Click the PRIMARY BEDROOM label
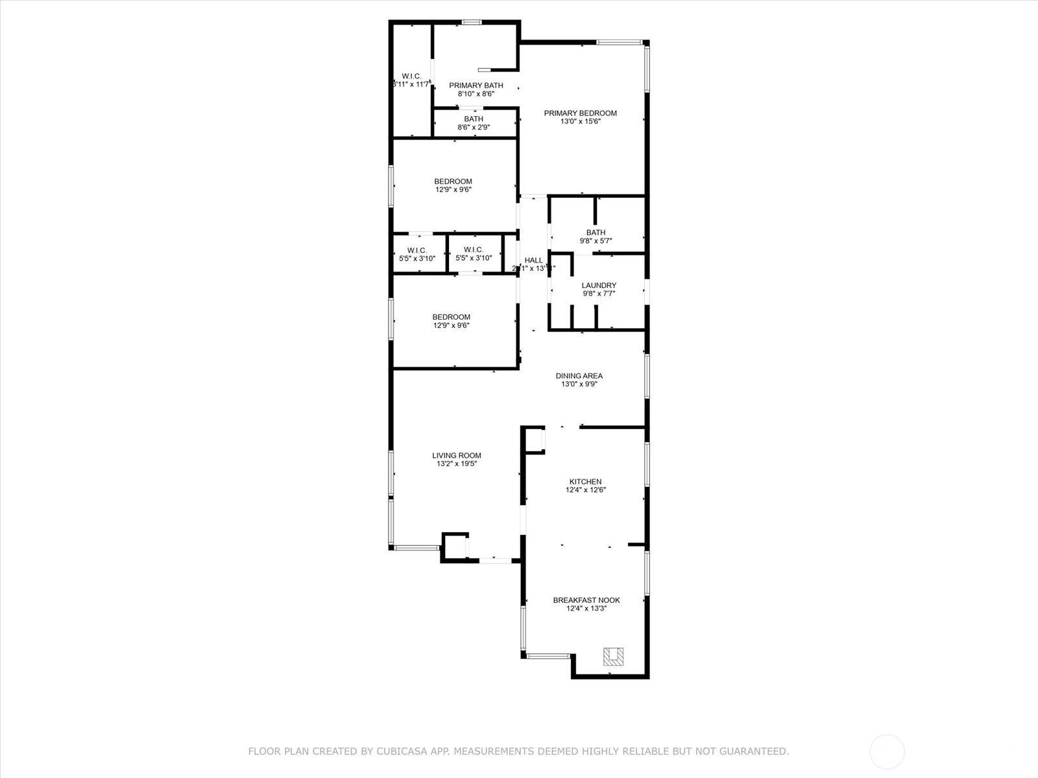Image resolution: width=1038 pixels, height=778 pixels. pyautogui.click(x=580, y=113)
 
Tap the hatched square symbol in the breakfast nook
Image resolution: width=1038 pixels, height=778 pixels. pyautogui.click(x=613, y=657)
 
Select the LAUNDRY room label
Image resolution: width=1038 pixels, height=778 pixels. pyautogui.click(x=599, y=285)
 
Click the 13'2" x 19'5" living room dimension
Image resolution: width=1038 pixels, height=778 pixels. pyautogui.click(x=457, y=464)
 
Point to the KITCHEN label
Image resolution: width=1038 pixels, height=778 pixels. pyautogui.click(x=585, y=482)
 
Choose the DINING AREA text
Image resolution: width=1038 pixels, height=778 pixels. pyautogui.click(x=579, y=375)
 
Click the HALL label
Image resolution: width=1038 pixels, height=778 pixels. pyautogui.click(x=533, y=260)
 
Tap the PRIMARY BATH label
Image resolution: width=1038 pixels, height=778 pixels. pyautogui.click(x=476, y=85)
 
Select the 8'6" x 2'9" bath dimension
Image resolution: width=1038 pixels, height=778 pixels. pyautogui.click(x=474, y=127)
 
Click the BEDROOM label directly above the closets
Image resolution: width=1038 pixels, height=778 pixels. pyautogui.click(x=453, y=181)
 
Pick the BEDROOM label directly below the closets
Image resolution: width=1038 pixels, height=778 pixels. pyautogui.click(x=451, y=317)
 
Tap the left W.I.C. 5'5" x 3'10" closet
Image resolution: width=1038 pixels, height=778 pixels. pyautogui.click(x=416, y=254)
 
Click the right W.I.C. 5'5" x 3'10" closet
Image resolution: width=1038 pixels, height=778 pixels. pyautogui.click(x=474, y=254)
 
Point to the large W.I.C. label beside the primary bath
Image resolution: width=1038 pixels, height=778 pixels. pyautogui.click(x=411, y=76)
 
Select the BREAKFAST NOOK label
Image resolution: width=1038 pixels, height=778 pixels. pyautogui.click(x=586, y=600)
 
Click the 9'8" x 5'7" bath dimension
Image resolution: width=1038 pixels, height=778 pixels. pyautogui.click(x=596, y=241)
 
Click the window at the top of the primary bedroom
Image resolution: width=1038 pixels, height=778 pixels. pyautogui.click(x=620, y=43)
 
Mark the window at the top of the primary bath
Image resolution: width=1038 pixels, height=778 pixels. pyautogui.click(x=472, y=22)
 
